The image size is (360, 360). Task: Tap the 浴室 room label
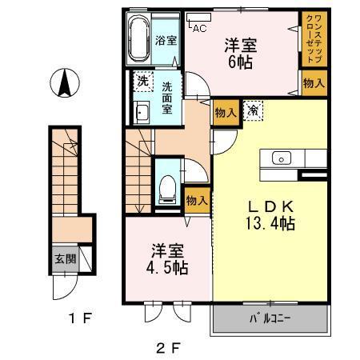pyautogui.click(x=166, y=41)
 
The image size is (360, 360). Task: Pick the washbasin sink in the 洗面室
pyautogui.click(x=142, y=112)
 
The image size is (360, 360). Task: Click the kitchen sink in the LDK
pyautogui.click(x=282, y=158)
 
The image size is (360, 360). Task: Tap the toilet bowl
pyautogui.click(x=167, y=187)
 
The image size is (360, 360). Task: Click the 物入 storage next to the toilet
pyautogui.click(x=197, y=200)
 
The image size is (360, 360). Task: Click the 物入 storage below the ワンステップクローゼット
pyautogui.click(x=313, y=83)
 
